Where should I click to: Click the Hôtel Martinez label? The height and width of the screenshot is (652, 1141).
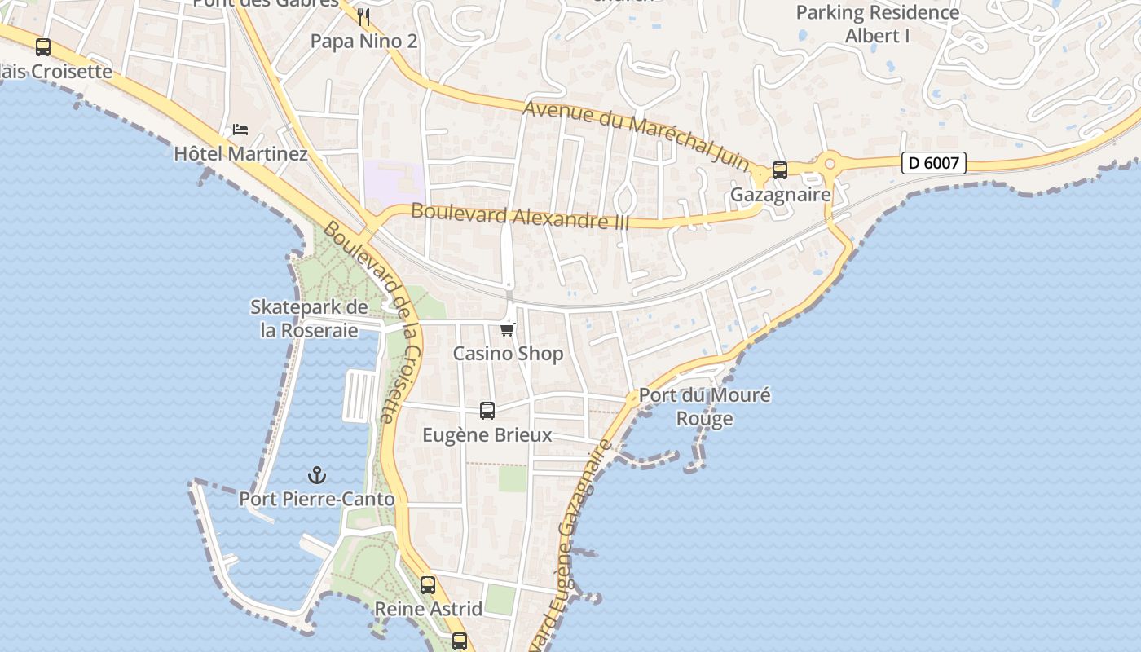tap(240, 153)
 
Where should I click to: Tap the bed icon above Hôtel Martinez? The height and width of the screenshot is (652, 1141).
tap(240, 130)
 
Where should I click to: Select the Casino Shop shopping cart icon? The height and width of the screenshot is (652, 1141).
tap(508, 329)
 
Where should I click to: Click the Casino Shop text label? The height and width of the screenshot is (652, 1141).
tap(508, 353)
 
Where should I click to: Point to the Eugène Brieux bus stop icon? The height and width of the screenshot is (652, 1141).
tap(487, 411)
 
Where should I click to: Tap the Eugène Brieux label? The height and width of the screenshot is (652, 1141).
tap(487, 434)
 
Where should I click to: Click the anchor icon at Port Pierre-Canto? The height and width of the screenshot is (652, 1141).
tap(316, 475)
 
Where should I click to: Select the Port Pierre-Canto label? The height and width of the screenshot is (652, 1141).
tap(316, 499)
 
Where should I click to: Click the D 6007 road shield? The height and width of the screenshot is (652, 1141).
tap(934, 163)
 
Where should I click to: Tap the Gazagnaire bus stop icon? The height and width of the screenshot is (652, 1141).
tap(780, 170)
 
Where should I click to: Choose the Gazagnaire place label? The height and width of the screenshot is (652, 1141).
tap(780, 195)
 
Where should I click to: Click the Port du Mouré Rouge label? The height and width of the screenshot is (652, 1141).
tap(705, 407)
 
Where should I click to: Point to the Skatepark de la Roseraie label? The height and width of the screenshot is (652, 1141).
tap(309, 319)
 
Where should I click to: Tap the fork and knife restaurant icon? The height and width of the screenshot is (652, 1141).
tap(363, 16)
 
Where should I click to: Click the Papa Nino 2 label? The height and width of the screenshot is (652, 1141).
tap(363, 41)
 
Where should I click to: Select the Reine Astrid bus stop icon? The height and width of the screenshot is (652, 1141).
tap(428, 584)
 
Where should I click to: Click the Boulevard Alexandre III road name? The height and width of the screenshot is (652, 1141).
tap(520, 216)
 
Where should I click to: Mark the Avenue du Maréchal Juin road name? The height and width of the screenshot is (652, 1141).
tap(636, 135)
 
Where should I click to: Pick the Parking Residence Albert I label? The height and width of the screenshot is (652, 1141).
tap(877, 24)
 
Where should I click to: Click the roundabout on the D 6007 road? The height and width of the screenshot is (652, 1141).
tap(830, 164)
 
